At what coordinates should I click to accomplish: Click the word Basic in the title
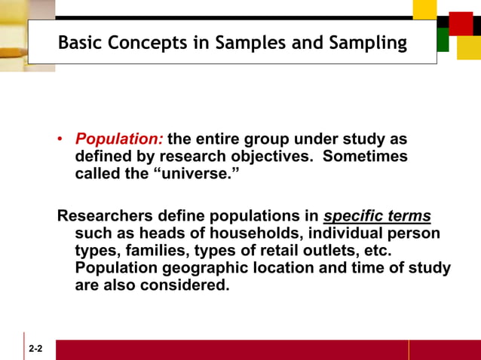tap(81, 43)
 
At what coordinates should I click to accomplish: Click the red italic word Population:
tap(118, 139)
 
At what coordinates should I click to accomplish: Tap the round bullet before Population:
tap(61, 140)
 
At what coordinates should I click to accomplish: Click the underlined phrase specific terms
tap(377, 217)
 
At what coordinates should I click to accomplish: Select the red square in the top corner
tap(460, 23)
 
